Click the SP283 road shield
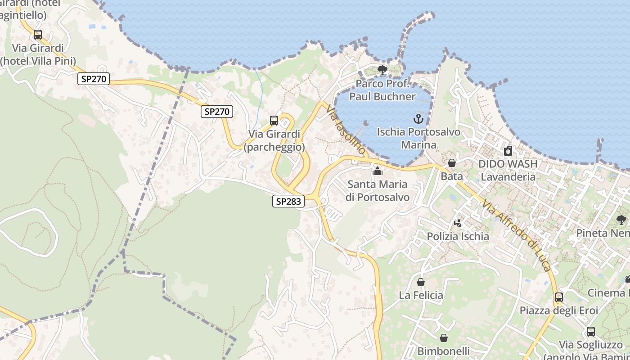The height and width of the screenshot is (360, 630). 288,201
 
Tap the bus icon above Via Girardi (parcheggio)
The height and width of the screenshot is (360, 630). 274,121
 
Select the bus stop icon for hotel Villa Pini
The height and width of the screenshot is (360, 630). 38,35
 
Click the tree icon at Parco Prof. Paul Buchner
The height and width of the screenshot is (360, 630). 382,70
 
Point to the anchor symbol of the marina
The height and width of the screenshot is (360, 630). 418,119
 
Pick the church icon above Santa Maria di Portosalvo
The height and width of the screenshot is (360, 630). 378,171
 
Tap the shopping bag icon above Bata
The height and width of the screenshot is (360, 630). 452,163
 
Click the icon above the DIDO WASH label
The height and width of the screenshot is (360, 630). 508,151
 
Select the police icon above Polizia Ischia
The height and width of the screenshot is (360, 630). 458,223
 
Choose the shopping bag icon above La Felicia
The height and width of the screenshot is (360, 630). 421,282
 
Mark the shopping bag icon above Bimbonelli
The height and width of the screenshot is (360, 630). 444,338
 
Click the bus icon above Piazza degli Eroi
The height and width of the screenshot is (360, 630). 559,297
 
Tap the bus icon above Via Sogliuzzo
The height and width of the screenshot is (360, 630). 591,332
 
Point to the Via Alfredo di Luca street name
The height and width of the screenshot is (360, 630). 517,236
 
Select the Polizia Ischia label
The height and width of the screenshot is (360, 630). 458,236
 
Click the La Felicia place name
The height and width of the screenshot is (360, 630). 421,295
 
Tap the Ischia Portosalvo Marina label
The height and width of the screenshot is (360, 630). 418,138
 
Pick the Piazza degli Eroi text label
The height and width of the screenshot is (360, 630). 559,310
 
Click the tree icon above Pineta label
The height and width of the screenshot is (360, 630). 621,220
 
